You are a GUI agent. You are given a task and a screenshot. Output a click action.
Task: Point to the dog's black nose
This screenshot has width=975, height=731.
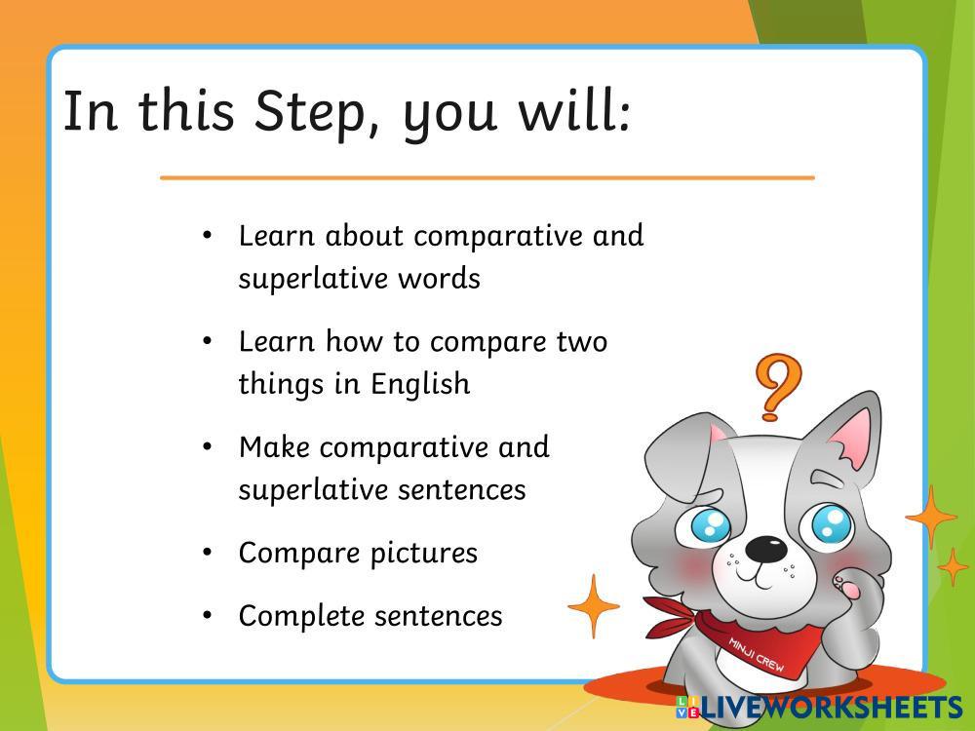tap(765, 549)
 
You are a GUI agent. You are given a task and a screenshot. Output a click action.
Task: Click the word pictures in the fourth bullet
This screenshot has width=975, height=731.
tap(424, 554)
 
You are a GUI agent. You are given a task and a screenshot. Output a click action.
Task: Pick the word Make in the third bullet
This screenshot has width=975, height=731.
tap(274, 447)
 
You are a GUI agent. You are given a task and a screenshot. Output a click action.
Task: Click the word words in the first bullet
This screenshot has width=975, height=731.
tap(439, 279)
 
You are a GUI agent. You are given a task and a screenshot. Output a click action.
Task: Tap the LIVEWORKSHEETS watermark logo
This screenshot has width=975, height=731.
tap(820, 708)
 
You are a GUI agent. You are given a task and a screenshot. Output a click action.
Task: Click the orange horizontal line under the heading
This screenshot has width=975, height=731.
tap(487, 177)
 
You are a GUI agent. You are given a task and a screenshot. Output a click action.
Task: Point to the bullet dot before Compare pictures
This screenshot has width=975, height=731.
tap(208, 552)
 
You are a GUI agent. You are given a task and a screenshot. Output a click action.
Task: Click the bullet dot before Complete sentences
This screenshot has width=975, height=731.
tap(208, 615)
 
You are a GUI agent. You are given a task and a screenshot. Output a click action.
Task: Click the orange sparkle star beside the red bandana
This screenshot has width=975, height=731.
tap(593, 606)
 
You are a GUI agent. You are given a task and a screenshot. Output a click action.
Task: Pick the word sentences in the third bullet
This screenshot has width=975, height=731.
tap(462, 490)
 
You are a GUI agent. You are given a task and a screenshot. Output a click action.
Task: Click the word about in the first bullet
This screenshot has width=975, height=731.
tap(365, 236)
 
